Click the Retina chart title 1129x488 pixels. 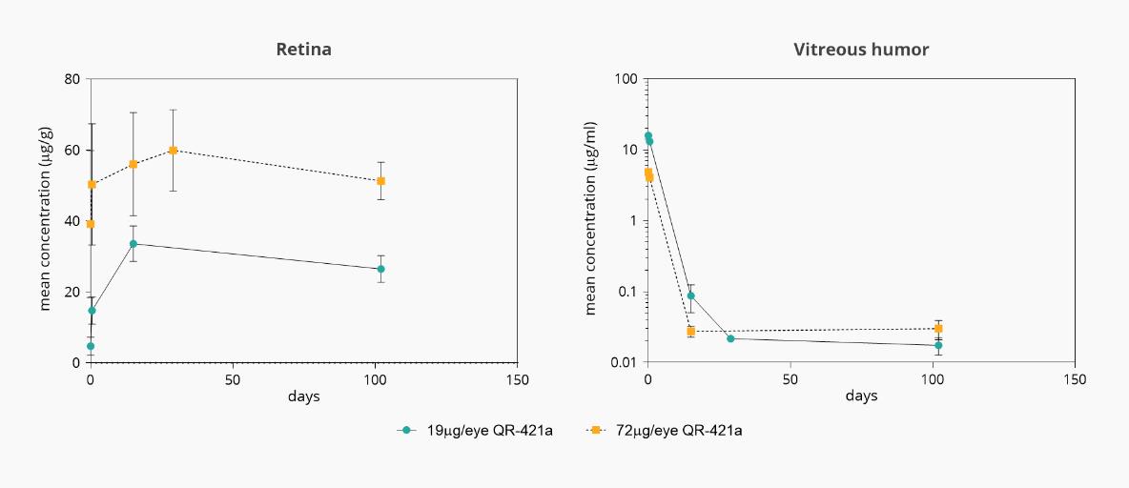(x=304, y=50)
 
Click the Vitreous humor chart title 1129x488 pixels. (x=861, y=50)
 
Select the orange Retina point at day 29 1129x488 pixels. (x=173, y=150)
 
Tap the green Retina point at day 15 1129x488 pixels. (x=133, y=243)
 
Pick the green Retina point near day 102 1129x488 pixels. (x=380, y=269)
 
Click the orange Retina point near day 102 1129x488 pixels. (x=380, y=181)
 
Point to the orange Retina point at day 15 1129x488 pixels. (x=133, y=164)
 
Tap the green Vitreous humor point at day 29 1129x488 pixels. (x=730, y=338)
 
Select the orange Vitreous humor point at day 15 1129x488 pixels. (x=691, y=331)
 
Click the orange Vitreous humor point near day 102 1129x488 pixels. (x=938, y=329)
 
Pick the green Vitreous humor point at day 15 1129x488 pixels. (x=690, y=295)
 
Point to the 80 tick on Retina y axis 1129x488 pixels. (x=72, y=79)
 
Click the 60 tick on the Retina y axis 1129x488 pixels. (x=72, y=150)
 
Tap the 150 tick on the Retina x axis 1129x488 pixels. (x=518, y=378)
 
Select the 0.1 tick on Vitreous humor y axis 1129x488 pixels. (x=626, y=292)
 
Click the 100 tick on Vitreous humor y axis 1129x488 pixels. (x=624, y=79)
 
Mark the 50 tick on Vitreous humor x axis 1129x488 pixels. (x=790, y=378)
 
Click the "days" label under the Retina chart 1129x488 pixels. (x=304, y=396)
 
